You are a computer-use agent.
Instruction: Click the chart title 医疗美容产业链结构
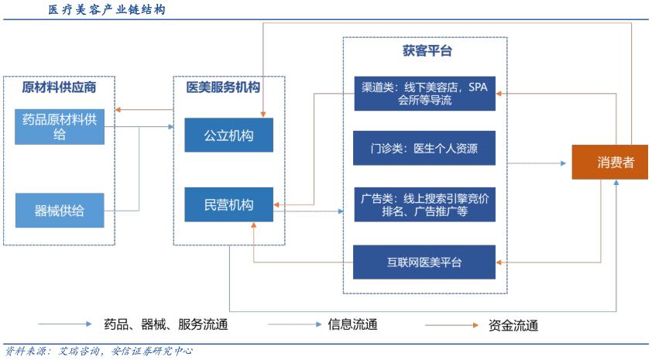point(106,10)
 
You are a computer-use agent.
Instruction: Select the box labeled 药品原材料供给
point(60,127)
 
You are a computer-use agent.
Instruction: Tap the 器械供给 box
point(60,211)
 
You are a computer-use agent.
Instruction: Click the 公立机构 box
point(228,135)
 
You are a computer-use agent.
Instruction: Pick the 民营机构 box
point(228,205)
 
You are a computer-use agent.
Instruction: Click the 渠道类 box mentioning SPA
point(424,93)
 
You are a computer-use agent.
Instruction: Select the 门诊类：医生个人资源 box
point(424,149)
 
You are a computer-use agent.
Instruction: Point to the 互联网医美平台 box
point(424,262)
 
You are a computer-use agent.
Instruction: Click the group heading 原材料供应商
point(59,87)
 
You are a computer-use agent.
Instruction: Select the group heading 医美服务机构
point(223,87)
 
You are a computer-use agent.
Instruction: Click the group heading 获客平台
point(427,51)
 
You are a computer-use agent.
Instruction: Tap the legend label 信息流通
point(352,324)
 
